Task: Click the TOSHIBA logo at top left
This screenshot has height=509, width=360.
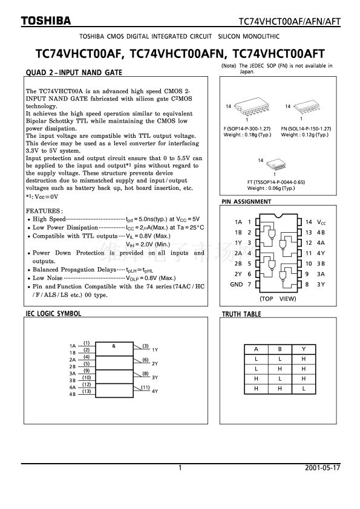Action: pyautogui.click(x=46, y=21)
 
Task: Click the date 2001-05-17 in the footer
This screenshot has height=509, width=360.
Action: pyautogui.click(x=322, y=467)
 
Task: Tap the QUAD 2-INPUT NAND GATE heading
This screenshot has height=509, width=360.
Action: pyautogui.click(x=74, y=73)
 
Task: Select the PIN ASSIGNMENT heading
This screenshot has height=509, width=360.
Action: pyautogui.click(x=246, y=201)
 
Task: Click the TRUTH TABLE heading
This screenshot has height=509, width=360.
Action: pyautogui.click(x=241, y=314)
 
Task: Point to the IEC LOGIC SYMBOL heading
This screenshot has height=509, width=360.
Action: pyautogui.click(x=53, y=314)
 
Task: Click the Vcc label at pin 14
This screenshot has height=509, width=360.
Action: pyautogui.click(x=321, y=222)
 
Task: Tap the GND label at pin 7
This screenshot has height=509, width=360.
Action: pyautogui.click(x=236, y=284)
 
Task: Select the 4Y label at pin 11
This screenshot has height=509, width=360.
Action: pyautogui.click(x=321, y=253)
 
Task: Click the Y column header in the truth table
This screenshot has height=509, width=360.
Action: pyautogui.click(x=304, y=349)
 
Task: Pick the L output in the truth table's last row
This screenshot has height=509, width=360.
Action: pyautogui.click(x=304, y=388)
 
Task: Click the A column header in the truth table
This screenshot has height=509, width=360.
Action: pyautogui.click(x=256, y=349)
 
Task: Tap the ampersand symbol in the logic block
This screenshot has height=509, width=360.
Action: pyautogui.click(x=114, y=346)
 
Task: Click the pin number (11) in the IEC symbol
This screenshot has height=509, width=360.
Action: pyautogui.click(x=145, y=387)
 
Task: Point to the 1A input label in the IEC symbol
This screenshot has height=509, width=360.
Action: pyautogui.click(x=73, y=346)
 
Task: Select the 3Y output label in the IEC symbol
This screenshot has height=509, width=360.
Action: pyautogui.click(x=155, y=378)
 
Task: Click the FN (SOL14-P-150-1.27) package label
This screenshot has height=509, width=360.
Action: pyautogui.click(x=306, y=129)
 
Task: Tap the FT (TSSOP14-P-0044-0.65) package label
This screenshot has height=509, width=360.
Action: pyautogui.click(x=276, y=182)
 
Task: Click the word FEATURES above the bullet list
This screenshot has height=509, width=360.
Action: pyautogui.click(x=44, y=211)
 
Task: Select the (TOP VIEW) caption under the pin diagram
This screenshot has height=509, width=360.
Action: pyautogui.click(x=278, y=299)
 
